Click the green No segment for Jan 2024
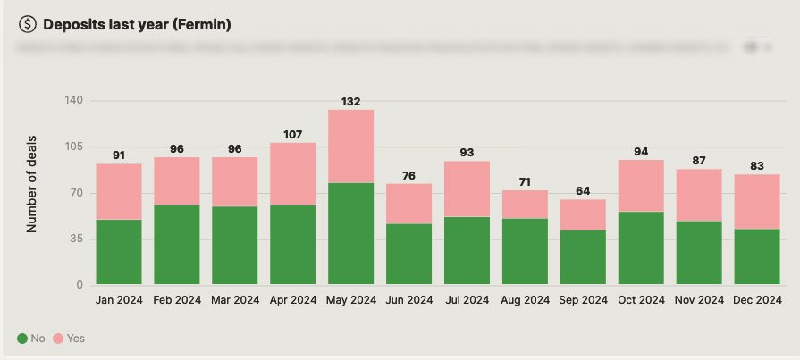pos(119,252)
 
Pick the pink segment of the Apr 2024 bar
pos(292,173)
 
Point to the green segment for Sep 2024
pos(583,257)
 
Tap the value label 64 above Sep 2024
pos(583,191)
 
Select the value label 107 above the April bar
pos(292,135)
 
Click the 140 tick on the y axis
pos(73,101)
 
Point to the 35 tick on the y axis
pos(77,239)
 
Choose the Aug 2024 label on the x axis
pos(525,301)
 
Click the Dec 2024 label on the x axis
pos(757,301)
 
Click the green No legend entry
pos(31,339)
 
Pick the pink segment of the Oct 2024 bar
pos(641,185)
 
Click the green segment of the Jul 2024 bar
pos(467,250)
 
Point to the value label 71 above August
pos(525,182)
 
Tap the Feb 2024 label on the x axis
pos(177,301)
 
